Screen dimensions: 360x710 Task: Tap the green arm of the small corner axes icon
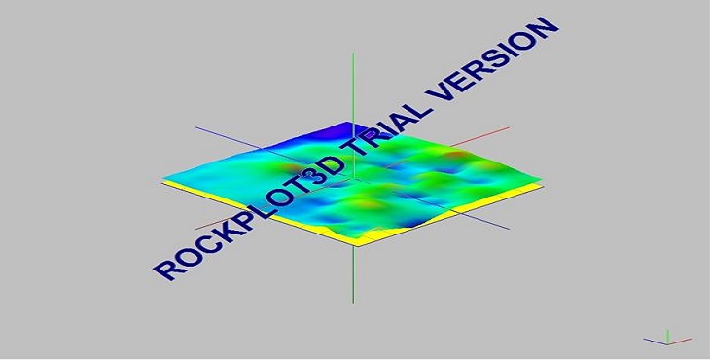click(667, 334)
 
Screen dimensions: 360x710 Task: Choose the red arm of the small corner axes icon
click(681, 340)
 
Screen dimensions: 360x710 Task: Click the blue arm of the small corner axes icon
click(654, 340)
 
